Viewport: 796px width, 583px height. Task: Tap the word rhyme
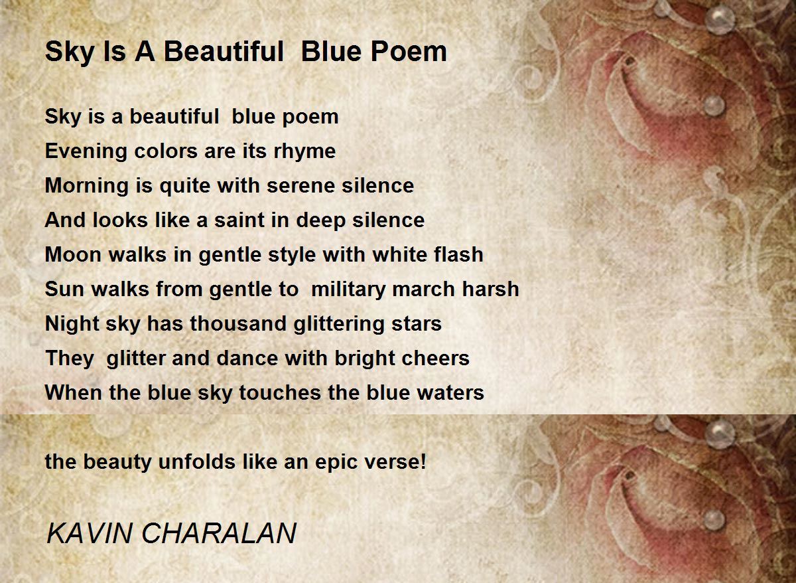pos(304,152)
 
